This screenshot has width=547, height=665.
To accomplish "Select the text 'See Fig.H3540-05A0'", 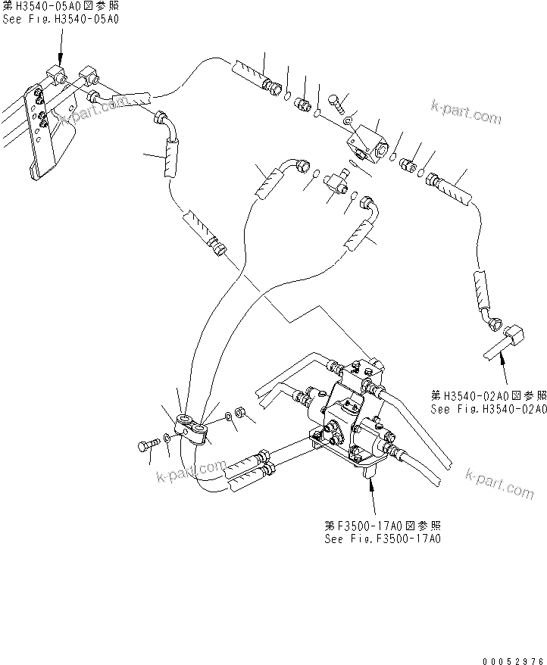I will point(60,18).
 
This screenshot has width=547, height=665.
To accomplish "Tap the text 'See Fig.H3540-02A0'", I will point(488,409).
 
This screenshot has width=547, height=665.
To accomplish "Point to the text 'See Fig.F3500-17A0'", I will point(382,539).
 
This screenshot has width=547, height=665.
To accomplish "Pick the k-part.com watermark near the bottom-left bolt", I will point(191,471).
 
